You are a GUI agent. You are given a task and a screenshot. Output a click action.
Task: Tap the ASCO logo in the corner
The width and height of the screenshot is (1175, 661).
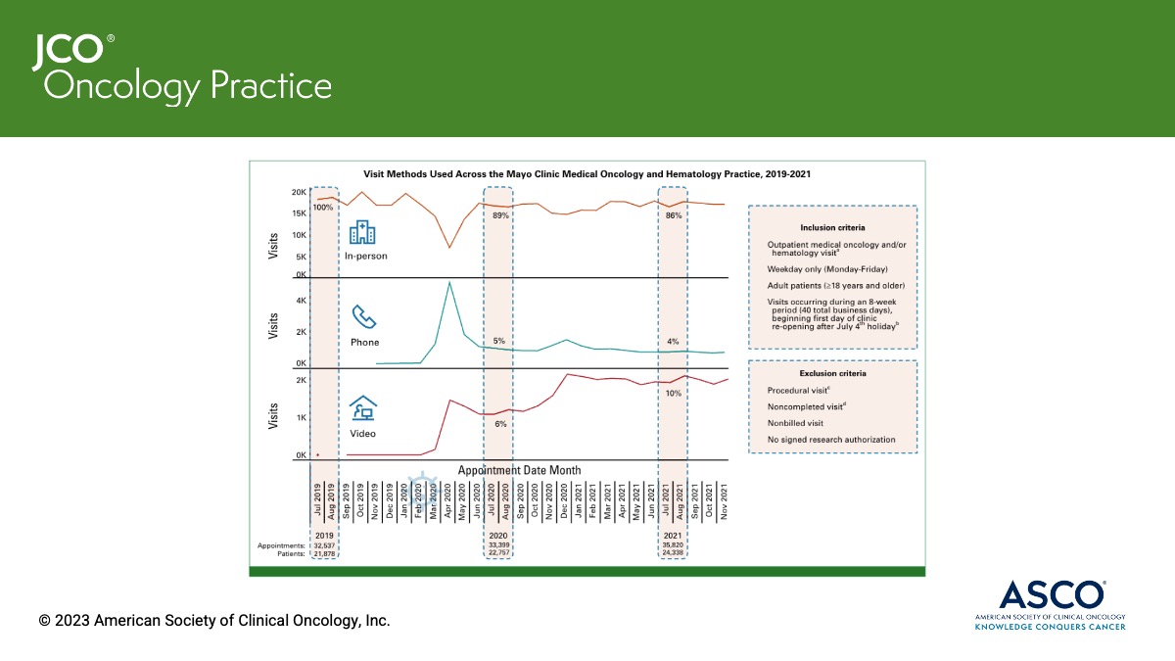click(1049, 601)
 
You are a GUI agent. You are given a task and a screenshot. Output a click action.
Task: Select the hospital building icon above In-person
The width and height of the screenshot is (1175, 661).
click(362, 233)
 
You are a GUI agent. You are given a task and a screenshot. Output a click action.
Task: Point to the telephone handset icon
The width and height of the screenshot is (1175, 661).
click(364, 317)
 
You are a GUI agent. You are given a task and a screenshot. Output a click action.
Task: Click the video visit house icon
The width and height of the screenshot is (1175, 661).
click(363, 408)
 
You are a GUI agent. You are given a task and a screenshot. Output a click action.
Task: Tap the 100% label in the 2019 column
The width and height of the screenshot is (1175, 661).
click(323, 208)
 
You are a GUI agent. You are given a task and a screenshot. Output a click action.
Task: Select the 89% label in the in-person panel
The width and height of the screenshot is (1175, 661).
click(500, 214)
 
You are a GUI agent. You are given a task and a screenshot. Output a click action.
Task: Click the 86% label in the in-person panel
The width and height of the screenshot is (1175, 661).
click(673, 214)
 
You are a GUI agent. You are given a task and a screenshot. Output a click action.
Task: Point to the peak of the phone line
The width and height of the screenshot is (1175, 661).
click(448, 283)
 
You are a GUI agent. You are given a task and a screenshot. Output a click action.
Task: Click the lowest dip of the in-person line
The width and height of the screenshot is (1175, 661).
click(448, 248)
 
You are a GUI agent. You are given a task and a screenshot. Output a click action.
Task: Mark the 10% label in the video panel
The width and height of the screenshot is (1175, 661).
click(673, 393)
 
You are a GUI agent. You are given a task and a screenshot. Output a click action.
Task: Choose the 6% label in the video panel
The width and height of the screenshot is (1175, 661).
click(500, 424)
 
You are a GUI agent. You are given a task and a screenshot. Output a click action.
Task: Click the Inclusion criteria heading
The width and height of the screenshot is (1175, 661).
click(832, 227)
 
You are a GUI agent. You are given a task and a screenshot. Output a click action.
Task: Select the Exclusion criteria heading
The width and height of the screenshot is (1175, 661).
click(832, 373)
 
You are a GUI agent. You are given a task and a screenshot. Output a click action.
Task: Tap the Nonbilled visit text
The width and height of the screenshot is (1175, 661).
click(795, 423)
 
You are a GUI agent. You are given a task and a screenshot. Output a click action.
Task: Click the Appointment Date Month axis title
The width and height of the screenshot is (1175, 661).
click(519, 470)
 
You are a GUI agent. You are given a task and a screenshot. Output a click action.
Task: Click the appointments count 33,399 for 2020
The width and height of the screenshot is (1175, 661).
click(498, 545)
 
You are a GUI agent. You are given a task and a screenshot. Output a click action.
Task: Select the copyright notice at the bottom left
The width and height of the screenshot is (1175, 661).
click(214, 621)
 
